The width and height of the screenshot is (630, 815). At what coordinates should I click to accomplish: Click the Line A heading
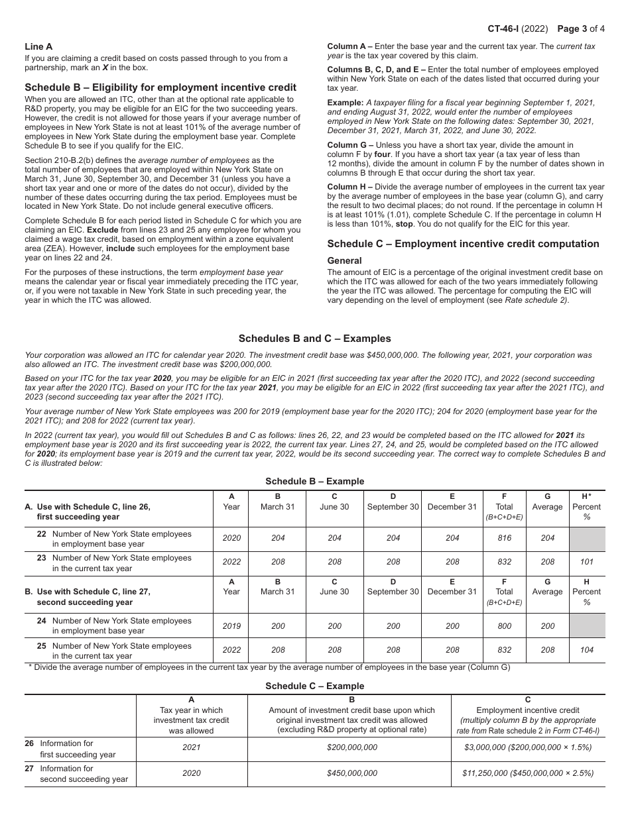tap(38, 46)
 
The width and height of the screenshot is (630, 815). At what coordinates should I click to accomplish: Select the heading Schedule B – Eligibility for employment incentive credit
tap(160, 87)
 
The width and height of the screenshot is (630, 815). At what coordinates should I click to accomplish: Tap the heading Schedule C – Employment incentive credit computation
tap(463, 244)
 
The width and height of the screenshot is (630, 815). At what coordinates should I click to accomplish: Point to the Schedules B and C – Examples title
tap(315, 338)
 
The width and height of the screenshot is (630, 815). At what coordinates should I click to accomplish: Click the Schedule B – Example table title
tap(315, 481)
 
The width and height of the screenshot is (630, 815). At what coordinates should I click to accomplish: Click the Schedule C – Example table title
tap(315, 686)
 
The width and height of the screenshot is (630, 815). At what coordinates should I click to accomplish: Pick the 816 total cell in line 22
tap(504, 539)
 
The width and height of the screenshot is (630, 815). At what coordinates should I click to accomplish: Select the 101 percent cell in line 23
tap(586, 562)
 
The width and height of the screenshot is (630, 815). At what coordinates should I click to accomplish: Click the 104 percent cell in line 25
tap(586, 650)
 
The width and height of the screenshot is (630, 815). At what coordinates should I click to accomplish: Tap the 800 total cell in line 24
tap(504, 626)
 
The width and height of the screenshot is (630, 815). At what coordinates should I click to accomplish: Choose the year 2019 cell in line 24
tap(232, 626)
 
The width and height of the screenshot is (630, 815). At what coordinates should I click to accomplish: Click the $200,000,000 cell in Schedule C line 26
tap(351, 747)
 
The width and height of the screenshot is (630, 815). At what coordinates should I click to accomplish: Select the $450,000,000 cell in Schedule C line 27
tap(351, 773)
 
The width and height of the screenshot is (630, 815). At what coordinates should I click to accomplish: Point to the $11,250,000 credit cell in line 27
tap(528, 773)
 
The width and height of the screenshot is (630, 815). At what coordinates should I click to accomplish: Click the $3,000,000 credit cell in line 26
tap(528, 747)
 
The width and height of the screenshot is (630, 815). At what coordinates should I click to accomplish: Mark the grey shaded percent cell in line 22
tap(587, 539)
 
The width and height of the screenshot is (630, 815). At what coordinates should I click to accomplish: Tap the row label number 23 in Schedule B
tap(42, 558)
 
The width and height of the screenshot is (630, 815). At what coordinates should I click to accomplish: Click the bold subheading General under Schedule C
tap(345, 260)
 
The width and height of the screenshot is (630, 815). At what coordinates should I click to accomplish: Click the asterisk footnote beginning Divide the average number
tap(269, 667)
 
